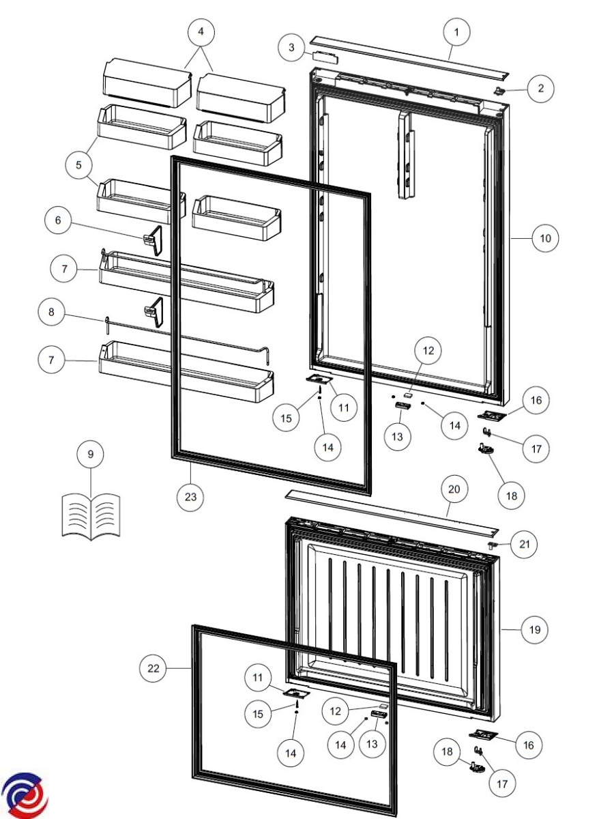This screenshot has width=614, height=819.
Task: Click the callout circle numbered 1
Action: pyautogui.click(x=456, y=32)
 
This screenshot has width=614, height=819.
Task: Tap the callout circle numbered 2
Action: pyautogui.click(x=540, y=89)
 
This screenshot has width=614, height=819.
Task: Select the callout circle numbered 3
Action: pyautogui.click(x=291, y=47)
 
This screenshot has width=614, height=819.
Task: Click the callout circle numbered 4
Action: pyautogui.click(x=201, y=32)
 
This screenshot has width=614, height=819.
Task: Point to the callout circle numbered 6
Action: pyautogui.click(x=58, y=220)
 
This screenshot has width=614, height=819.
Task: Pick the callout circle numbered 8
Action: pyautogui.click(x=51, y=312)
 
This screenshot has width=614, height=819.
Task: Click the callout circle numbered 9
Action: pyautogui.click(x=90, y=454)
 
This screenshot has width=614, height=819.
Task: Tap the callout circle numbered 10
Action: pyautogui.click(x=545, y=238)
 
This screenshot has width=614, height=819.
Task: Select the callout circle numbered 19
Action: pyautogui.click(x=535, y=630)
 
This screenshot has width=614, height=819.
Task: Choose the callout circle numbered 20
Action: pyautogui.click(x=454, y=489)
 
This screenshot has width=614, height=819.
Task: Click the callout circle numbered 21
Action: pyautogui.click(x=524, y=545)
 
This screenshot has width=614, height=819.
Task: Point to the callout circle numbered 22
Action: pyautogui.click(x=153, y=668)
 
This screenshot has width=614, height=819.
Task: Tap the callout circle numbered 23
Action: pyautogui.click(x=190, y=497)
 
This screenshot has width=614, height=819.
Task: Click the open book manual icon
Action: pyautogui.click(x=91, y=517)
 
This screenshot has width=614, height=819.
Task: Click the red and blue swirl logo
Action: pyautogui.click(x=25, y=793)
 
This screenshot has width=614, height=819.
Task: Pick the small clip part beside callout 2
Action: pyautogui.click(x=500, y=91)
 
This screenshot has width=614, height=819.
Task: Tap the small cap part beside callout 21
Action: pyautogui.click(x=493, y=545)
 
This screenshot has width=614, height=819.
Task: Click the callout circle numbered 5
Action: pyautogui.click(x=78, y=165)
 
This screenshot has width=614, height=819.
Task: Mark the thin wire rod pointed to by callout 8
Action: pyautogui.click(x=188, y=341)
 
